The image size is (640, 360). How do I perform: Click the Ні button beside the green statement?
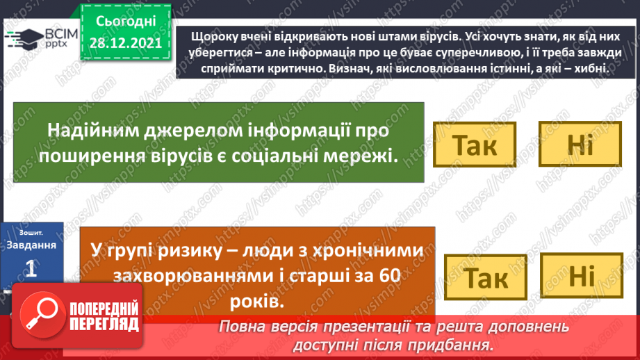(580, 145)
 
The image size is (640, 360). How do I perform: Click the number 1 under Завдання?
(31, 270)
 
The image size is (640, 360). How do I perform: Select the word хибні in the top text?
(589, 69)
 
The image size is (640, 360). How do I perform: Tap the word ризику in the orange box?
(175, 249)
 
